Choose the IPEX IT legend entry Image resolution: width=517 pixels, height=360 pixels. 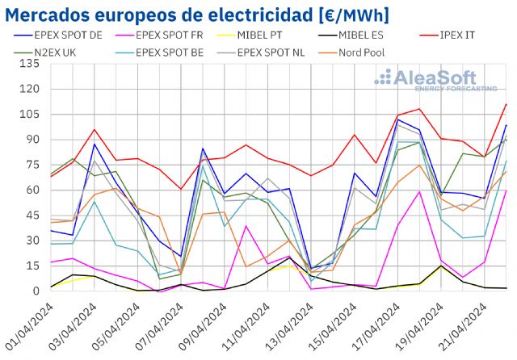(x=467, y=36)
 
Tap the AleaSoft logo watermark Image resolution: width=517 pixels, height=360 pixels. (x=435, y=80)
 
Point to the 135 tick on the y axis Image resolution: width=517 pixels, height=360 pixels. (x=32, y=64)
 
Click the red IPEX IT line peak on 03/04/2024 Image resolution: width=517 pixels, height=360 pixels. (x=95, y=129)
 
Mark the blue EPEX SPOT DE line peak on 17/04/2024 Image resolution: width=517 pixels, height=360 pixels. (x=398, y=119)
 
